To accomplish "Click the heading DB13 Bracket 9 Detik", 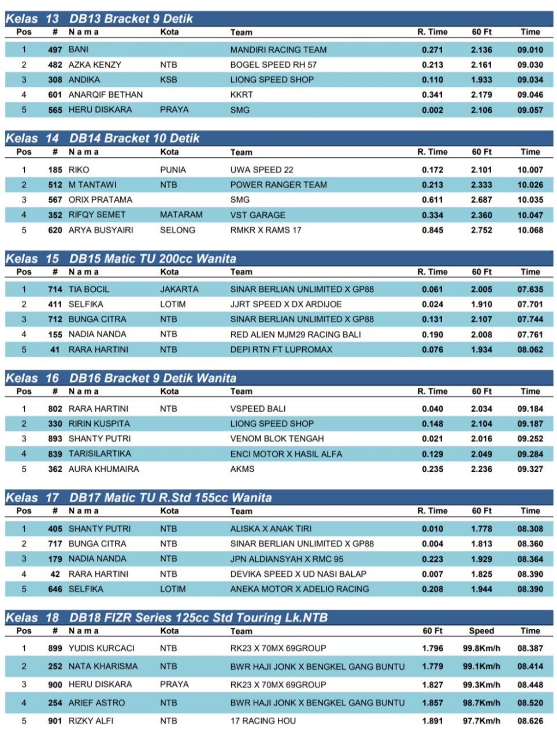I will (x=131, y=18).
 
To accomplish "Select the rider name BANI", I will (x=79, y=50).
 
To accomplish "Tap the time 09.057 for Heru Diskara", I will (x=530, y=110).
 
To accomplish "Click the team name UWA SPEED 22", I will (x=261, y=170).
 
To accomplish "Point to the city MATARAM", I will (x=181, y=215).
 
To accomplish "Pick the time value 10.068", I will (x=530, y=230).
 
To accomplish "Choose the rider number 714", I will (x=55, y=289).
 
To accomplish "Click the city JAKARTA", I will (x=179, y=289).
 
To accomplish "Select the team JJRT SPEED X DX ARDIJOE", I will (x=285, y=304).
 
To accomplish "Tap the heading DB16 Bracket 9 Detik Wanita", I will (x=153, y=378).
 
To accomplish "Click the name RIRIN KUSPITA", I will (x=99, y=424).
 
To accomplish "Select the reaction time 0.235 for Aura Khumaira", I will (x=432, y=469).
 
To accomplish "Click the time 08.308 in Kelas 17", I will (x=530, y=529).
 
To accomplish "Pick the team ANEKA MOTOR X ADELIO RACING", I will (x=299, y=589).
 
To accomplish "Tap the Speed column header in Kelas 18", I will (x=481, y=631).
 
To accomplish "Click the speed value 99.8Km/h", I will (x=481, y=648).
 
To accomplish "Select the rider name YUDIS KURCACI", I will (x=101, y=648).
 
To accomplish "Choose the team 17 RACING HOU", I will (x=263, y=721).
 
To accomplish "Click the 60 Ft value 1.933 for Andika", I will (x=481, y=80).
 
